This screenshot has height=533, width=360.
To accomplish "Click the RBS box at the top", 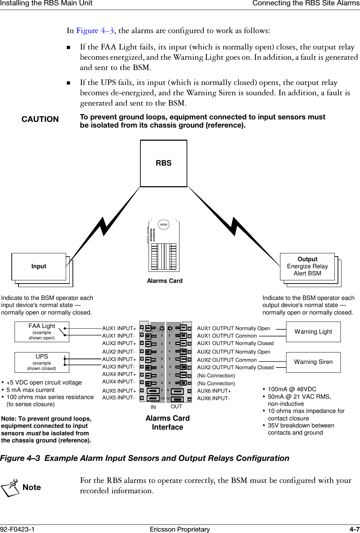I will point(163,163).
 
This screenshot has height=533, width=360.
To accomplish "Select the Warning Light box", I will point(313,332).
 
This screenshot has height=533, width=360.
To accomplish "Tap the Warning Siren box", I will point(313,362).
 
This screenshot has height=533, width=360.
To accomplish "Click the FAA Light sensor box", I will point(42,332).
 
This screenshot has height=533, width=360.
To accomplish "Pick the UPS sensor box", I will point(42,362).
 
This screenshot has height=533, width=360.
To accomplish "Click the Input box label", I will point(39,266).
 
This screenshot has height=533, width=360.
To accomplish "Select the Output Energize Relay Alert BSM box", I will point(307,266).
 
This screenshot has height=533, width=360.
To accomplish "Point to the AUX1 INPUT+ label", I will point(119,328).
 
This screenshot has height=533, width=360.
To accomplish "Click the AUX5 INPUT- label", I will point(118,398).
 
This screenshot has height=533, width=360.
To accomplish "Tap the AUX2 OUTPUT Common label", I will point(227,360).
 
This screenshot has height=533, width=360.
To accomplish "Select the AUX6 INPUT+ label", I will point(214,391).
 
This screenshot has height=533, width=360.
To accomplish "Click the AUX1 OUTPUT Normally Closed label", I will point(235,343).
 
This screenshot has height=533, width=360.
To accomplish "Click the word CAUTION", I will point(40,119).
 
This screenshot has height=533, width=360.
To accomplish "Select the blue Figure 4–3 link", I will point(95,31).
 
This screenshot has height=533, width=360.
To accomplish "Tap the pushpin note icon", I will point(11,488).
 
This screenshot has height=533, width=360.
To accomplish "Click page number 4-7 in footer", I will point(354,529).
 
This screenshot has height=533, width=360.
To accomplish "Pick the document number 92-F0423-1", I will point(17,529).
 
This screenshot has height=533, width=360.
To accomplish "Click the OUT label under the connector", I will point(176,407).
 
